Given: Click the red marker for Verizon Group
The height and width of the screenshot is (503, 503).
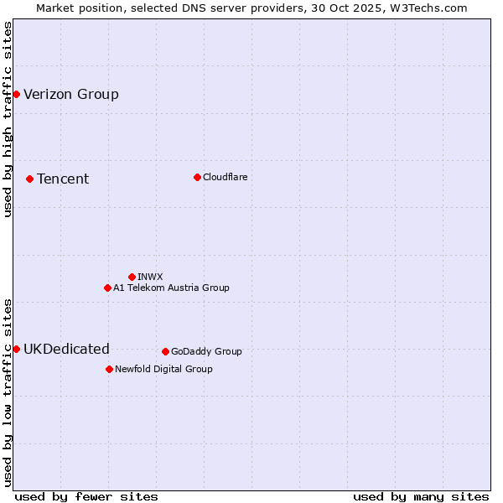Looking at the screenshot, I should click(x=16, y=94).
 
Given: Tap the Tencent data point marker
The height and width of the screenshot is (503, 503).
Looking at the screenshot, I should click(x=29, y=179).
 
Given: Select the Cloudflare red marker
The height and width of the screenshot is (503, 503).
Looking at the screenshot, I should click(x=197, y=177).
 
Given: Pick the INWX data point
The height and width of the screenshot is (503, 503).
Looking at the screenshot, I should click(x=132, y=277).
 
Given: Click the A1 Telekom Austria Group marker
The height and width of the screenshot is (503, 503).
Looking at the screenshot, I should click(x=107, y=288).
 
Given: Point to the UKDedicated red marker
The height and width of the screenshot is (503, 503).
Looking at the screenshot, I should click(x=16, y=349).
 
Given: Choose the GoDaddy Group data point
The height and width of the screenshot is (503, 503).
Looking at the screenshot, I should click(x=165, y=351).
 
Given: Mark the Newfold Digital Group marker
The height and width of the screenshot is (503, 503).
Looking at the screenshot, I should click(x=109, y=369).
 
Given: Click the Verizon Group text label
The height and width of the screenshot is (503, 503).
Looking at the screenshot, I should click(x=71, y=94).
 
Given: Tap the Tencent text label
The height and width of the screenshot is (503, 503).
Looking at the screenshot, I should click(x=63, y=179).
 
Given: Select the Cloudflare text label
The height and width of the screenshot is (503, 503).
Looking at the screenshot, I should click(x=225, y=177).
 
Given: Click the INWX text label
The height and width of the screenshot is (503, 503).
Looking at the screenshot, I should click(x=150, y=277).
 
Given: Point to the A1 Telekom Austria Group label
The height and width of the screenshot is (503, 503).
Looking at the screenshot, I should click(x=171, y=288).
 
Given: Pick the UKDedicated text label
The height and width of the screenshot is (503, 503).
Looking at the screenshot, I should click(x=66, y=349).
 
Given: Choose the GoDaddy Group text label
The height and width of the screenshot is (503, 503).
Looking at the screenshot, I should click(x=206, y=351).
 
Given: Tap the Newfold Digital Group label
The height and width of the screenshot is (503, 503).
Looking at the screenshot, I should click(x=163, y=369).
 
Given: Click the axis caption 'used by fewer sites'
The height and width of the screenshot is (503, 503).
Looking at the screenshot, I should click(x=86, y=496).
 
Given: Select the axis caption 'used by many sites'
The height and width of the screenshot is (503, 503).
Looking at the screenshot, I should click(x=421, y=496).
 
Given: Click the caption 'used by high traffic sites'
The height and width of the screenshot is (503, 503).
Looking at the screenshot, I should click(x=8, y=119).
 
